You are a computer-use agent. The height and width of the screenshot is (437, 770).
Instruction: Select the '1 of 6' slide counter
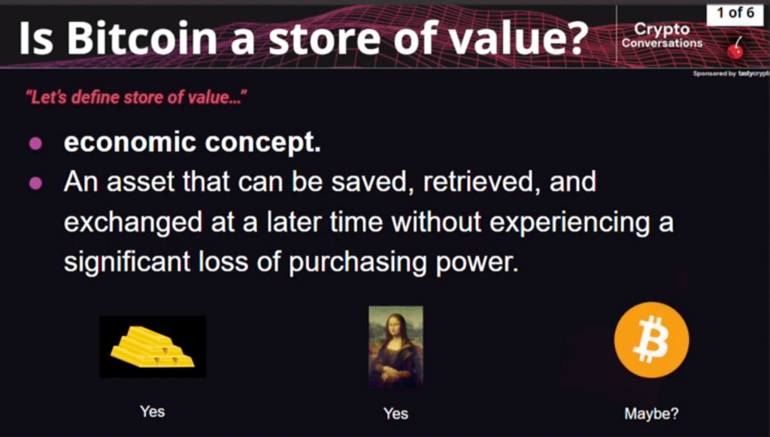[730, 14]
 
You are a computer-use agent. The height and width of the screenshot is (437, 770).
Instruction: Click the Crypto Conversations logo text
[662, 35]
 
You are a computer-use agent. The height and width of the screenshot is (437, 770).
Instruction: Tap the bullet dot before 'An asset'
[35, 183]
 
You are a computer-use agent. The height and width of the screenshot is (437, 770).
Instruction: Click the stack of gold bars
[153, 347]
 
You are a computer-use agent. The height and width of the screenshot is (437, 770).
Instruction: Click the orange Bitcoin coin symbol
[651, 343]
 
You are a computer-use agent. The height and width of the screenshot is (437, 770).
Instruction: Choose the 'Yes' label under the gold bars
[152, 411]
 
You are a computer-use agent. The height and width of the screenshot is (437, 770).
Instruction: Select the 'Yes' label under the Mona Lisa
[396, 413]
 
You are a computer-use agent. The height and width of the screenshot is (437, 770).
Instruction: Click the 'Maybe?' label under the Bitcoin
[651, 413]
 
